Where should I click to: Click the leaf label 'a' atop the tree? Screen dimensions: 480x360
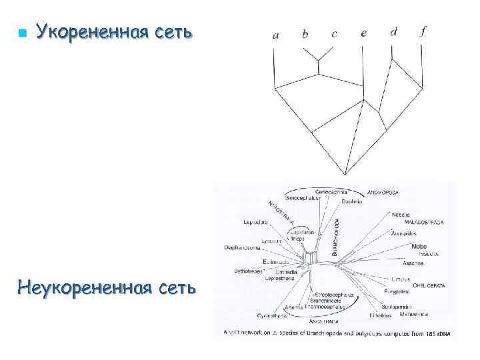point(276,35)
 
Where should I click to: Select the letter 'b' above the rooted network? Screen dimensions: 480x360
point(305,34)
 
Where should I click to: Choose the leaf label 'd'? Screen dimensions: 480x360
point(393,31)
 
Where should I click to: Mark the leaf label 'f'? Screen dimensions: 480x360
point(423,31)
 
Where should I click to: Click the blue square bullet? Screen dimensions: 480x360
point(23,33)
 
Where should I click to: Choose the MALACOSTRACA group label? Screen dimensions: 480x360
point(424,222)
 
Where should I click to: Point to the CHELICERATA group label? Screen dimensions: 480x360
point(429,285)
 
